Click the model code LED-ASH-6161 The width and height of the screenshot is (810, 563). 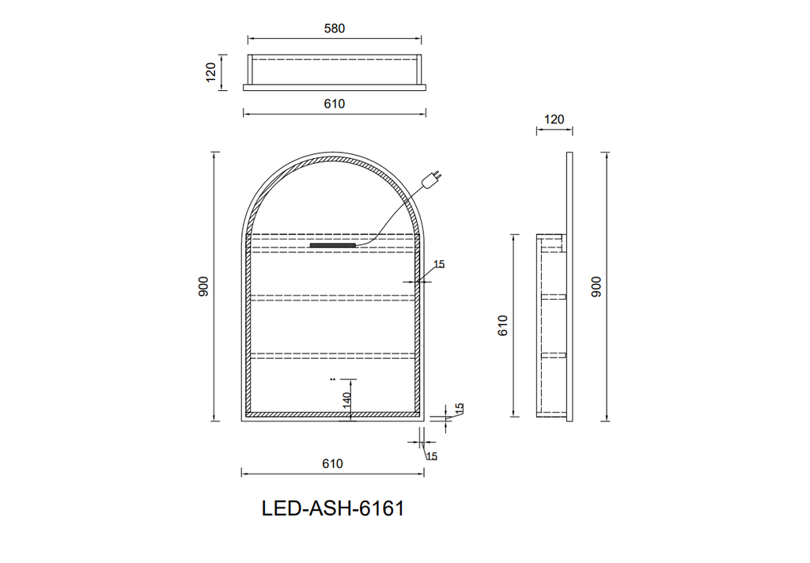point(333,508)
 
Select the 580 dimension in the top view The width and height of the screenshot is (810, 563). point(335,28)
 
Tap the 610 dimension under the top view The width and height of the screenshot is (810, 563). point(335,104)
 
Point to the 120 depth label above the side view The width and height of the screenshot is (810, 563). point(555,119)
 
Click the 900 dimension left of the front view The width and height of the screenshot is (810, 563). point(203,286)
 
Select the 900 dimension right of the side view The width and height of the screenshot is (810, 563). point(597,286)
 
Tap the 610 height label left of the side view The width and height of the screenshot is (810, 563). point(502,325)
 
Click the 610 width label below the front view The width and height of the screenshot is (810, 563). point(333,464)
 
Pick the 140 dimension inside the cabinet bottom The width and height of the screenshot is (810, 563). point(347,399)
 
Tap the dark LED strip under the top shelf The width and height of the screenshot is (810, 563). point(333,245)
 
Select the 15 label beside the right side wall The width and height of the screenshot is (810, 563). point(440,265)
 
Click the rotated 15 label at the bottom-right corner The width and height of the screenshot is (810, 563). point(460,409)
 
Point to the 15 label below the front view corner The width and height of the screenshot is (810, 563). point(432,456)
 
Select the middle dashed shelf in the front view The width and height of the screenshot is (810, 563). point(333,297)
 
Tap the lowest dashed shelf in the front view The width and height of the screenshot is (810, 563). point(333,354)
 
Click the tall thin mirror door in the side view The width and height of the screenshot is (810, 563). point(570,286)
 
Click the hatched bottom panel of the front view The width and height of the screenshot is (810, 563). point(333,413)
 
